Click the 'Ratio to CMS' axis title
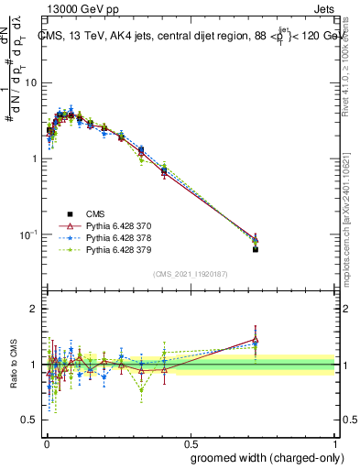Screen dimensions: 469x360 pyautogui.click(x=12, y=365)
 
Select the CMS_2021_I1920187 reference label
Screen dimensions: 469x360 pyautogui.click(x=191, y=273)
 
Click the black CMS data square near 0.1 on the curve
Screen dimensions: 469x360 pyautogui.click(x=80, y=116)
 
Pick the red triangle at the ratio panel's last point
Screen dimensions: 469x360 pyautogui.click(x=256, y=339)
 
